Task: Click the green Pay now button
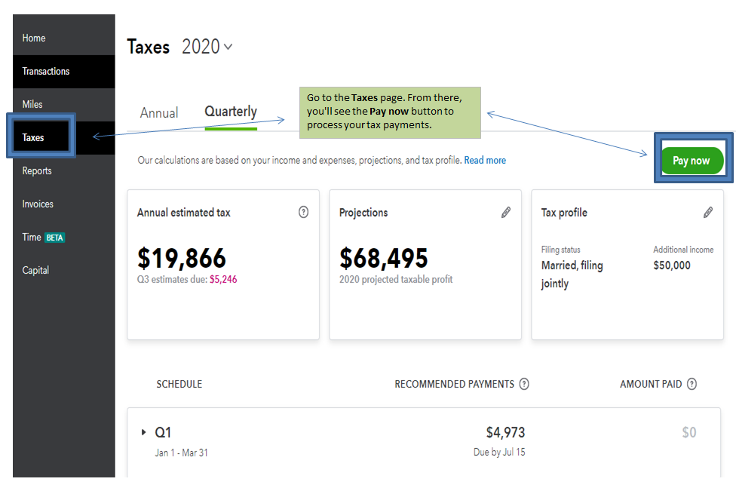tap(692, 161)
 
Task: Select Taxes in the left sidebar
tap(33, 138)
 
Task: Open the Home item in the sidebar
tap(34, 38)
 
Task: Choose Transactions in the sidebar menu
tap(46, 72)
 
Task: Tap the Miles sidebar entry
tap(32, 105)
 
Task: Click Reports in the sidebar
tap(37, 171)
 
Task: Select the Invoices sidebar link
tap(38, 204)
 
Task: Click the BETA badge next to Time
tap(55, 238)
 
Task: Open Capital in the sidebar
tap(35, 271)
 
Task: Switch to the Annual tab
tap(159, 113)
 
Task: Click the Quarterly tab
tap(231, 112)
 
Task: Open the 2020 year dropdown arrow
tap(228, 47)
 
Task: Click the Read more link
tap(485, 161)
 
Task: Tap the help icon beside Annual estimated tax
tap(303, 213)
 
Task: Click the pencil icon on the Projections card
tap(506, 213)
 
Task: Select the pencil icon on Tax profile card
tap(708, 213)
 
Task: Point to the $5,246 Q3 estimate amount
tap(223, 279)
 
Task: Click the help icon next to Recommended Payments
tap(524, 384)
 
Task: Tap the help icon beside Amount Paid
tap(692, 384)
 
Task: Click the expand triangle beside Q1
tap(143, 432)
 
